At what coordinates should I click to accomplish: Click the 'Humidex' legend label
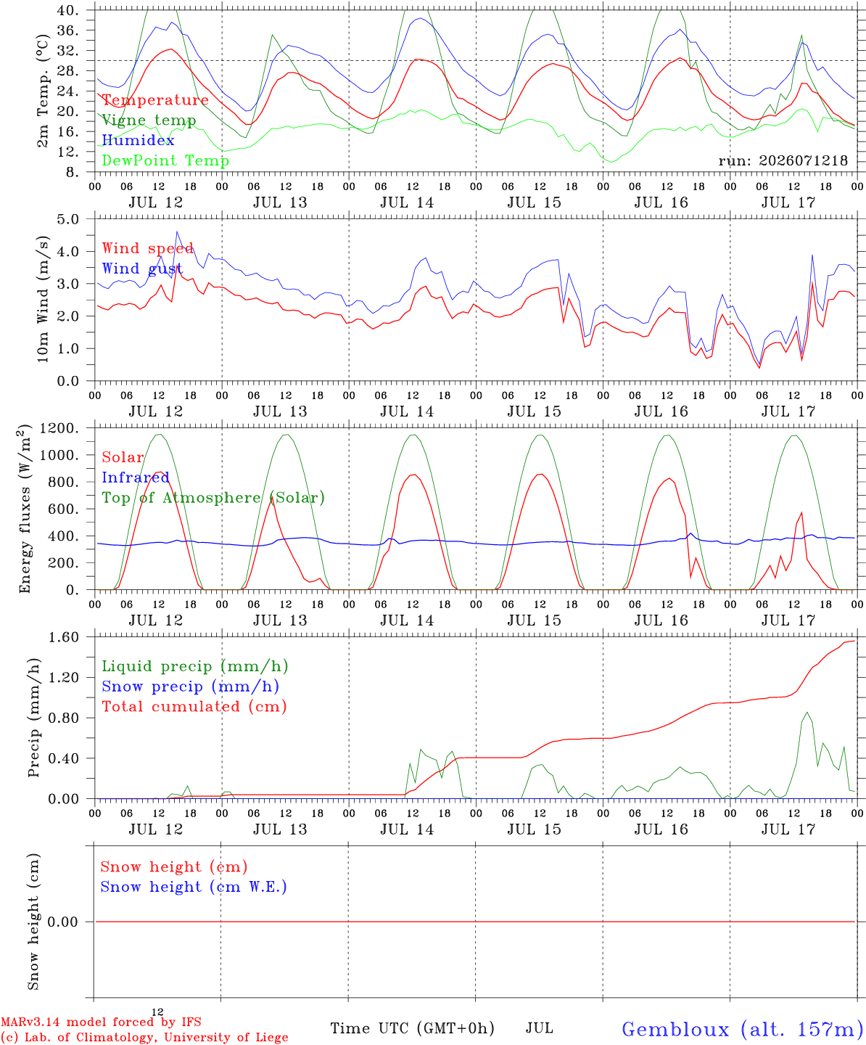pyautogui.click(x=138, y=140)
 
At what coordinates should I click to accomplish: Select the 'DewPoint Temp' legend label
pyautogui.click(x=165, y=160)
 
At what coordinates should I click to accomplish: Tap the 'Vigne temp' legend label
pyautogui.click(x=149, y=120)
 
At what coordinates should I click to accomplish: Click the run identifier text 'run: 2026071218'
pyautogui.click(x=783, y=160)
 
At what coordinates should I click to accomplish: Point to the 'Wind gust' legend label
pyautogui.click(x=143, y=269)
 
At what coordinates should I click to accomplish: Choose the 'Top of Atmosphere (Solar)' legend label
pyautogui.click(x=214, y=498)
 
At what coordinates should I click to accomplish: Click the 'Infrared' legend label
pyautogui.click(x=136, y=478)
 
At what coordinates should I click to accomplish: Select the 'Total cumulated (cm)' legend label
pyautogui.click(x=194, y=707)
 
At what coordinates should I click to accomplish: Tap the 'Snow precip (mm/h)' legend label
pyautogui.click(x=191, y=687)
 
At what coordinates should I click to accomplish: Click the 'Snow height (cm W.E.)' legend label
pyautogui.click(x=194, y=887)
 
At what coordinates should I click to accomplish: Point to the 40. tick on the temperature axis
pyautogui.click(x=67, y=10)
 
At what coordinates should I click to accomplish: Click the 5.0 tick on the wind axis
pyautogui.click(x=67, y=219)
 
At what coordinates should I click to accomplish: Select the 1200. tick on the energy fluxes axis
pyautogui.click(x=59, y=428)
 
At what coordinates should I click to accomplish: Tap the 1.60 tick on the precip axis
pyautogui.click(x=64, y=637)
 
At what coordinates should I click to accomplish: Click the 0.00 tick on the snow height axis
pyautogui.click(x=63, y=922)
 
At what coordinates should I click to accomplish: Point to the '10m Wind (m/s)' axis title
pyautogui.click(x=43, y=299)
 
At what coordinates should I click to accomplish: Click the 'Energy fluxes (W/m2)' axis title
pyautogui.click(x=25, y=509)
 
